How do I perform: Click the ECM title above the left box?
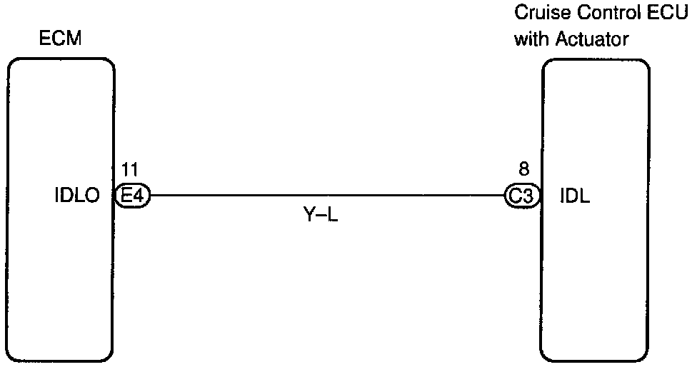click(61, 39)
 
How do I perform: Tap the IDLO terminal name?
click(76, 195)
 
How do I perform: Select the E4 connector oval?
click(133, 195)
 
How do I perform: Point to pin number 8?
click(523, 169)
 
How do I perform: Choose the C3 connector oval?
click(521, 195)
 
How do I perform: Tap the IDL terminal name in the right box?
click(573, 195)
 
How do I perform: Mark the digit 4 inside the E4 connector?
click(139, 195)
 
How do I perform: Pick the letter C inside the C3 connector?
click(516, 195)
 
